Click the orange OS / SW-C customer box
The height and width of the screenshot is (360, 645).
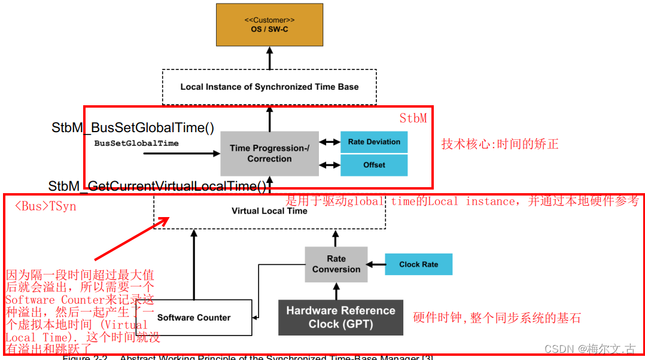(269, 25)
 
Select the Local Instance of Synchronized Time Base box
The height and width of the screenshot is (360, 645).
(269, 87)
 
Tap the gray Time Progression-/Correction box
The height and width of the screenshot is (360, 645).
(269, 154)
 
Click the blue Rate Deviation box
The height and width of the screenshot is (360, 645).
(374, 142)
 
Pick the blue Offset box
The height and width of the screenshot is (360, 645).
(374, 165)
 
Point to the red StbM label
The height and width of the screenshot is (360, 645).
(413, 118)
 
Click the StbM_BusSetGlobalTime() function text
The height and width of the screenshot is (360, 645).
(133, 127)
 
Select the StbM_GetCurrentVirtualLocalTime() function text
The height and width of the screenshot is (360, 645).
(157, 186)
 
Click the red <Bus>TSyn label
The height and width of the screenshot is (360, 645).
(45, 206)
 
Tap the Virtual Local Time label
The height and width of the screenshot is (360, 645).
(269, 211)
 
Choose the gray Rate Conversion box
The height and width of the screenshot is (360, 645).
(336, 264)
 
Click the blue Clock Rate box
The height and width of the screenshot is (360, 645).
(418, 264)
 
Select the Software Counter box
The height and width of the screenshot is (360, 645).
(194, 318)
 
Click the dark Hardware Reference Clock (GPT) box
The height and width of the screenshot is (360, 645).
(340, 318)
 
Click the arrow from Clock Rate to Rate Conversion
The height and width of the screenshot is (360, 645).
(375, 264)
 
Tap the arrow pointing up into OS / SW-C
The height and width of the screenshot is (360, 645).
(269, 58)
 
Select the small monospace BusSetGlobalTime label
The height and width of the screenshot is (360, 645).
(136, 144)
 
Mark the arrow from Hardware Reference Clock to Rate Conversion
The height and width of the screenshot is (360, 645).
(336, 291)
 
